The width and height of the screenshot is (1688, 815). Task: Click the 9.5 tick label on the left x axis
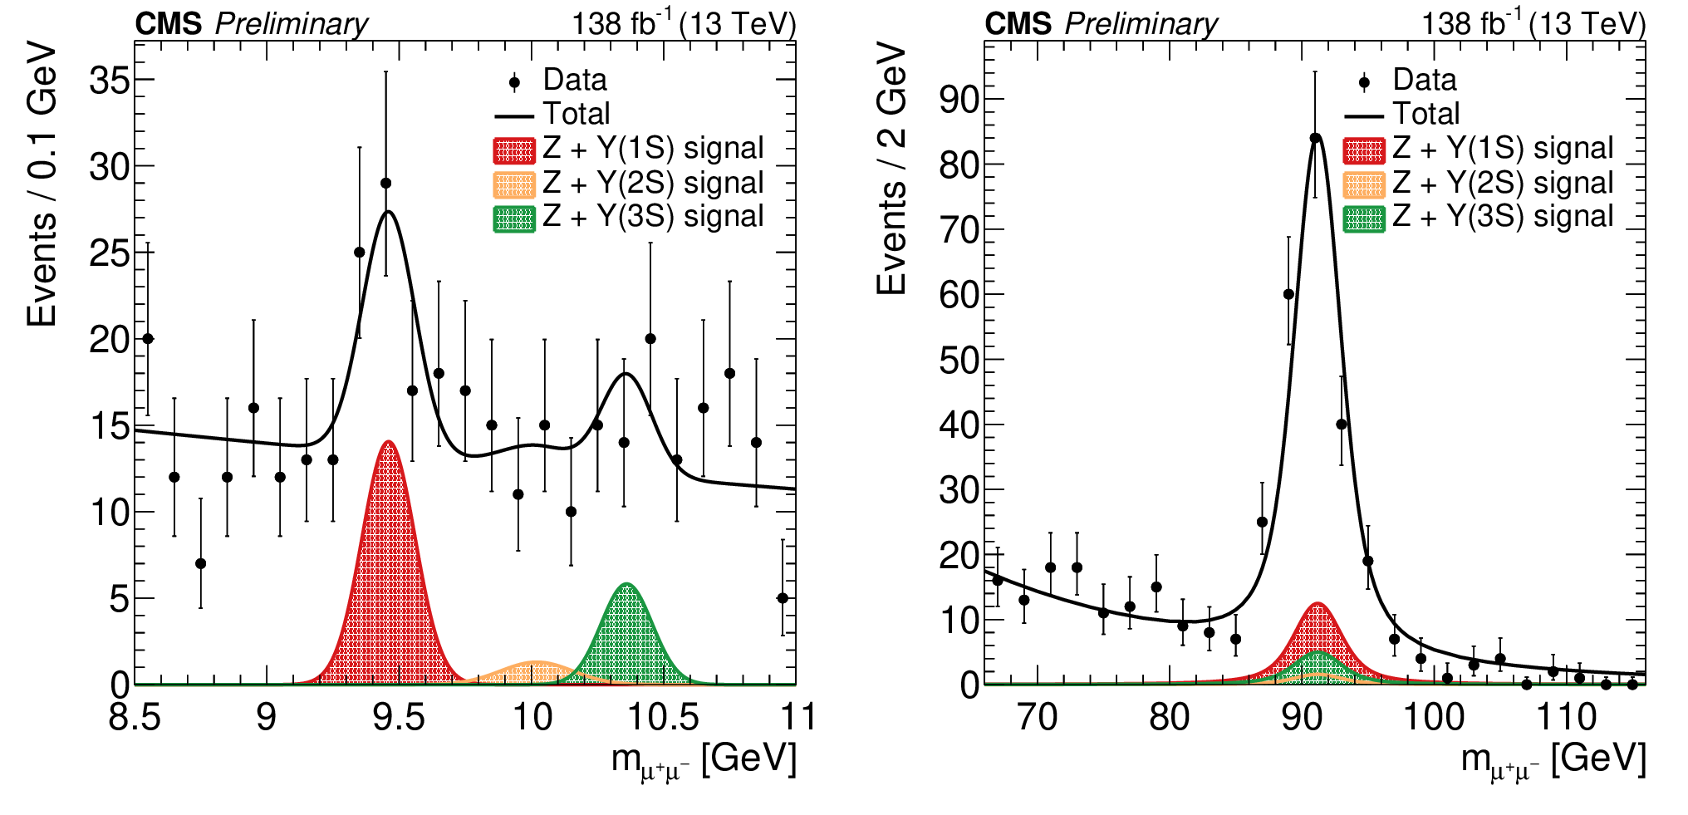399,717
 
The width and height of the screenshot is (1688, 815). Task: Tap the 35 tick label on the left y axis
110,81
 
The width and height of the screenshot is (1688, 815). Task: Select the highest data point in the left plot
385,183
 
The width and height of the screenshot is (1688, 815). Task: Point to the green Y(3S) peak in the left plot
627,636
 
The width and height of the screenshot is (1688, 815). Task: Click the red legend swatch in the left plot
514,150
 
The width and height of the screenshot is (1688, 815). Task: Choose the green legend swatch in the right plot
1364,218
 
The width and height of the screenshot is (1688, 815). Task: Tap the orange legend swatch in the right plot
1364,184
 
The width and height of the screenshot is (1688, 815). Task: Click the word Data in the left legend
575,81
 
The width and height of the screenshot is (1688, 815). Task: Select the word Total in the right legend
1426,114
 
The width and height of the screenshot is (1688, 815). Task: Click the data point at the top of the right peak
1315,138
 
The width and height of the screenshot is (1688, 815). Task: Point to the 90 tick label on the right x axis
1302,717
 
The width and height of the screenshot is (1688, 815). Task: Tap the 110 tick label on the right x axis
1566,717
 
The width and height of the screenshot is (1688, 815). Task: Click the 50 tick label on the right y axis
959,360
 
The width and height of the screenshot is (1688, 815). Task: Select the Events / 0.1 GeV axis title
42,184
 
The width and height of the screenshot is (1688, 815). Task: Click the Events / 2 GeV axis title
891,169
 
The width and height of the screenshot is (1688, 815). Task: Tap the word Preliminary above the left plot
291,24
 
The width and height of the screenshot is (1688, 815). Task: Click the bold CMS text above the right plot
1018,24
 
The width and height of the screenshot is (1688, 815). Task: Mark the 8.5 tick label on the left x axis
135,717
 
